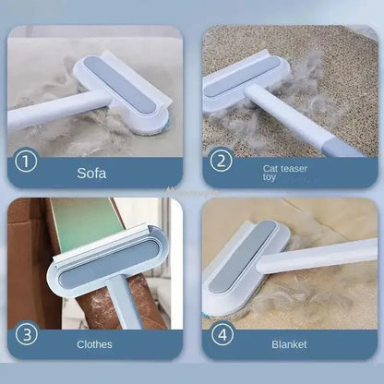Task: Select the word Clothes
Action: point(95,344)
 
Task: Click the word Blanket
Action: point(289,344)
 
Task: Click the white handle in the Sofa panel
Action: point(46,117)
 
